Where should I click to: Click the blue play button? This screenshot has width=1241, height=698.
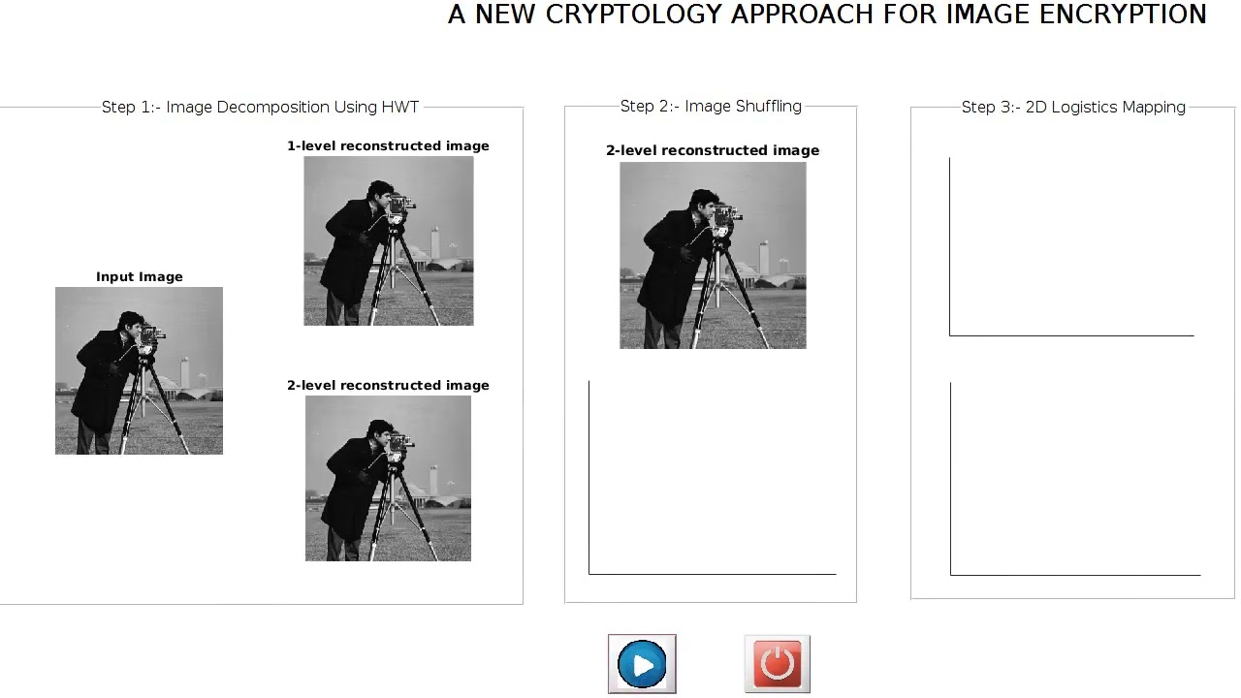pos(642,664)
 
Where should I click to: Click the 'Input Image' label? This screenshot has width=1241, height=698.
pos(139,277)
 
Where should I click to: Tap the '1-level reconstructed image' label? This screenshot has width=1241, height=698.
pos(388,146)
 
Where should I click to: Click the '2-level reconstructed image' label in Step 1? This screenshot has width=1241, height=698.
pos(388,386)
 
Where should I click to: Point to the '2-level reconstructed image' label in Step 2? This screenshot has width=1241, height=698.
pos(713,150)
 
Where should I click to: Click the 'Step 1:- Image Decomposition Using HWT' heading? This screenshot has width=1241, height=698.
pos(260,107)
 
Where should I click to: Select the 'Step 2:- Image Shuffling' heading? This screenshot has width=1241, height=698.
pos(711,107)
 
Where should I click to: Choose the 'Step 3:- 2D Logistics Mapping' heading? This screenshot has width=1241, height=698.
pos(1073,107)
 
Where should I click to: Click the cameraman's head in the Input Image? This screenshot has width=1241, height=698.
pos(131,322)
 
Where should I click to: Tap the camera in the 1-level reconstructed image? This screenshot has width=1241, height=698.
pos(400,205)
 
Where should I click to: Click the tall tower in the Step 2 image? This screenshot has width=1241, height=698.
pos(764,257)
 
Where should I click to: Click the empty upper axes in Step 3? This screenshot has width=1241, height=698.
pos(1071,246)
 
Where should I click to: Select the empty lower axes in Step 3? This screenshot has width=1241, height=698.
pos(1075,479)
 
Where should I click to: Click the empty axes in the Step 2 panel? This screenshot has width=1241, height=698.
pos(712,477)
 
